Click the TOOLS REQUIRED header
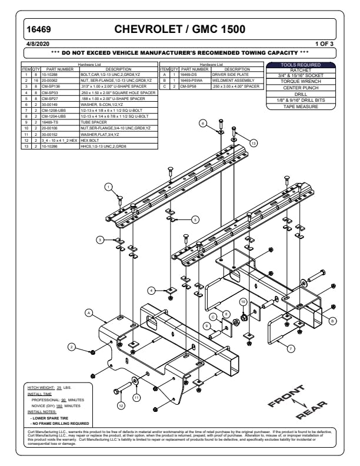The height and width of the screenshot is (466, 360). [x=301, y=65]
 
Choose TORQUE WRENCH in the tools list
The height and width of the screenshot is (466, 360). [x=301, y=81]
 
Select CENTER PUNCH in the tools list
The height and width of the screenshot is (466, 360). [x=301, y=88]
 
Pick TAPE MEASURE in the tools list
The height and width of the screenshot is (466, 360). [x=301, y=106]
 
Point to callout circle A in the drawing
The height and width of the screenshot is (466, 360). [x=88, y=312]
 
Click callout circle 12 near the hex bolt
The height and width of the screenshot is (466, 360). [x=121, y=405]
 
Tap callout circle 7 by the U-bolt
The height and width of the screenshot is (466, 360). [x=291, y=349]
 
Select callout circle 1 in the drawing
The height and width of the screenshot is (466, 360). [x=109, y=187]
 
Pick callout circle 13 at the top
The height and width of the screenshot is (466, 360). [x=254, y=143]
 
